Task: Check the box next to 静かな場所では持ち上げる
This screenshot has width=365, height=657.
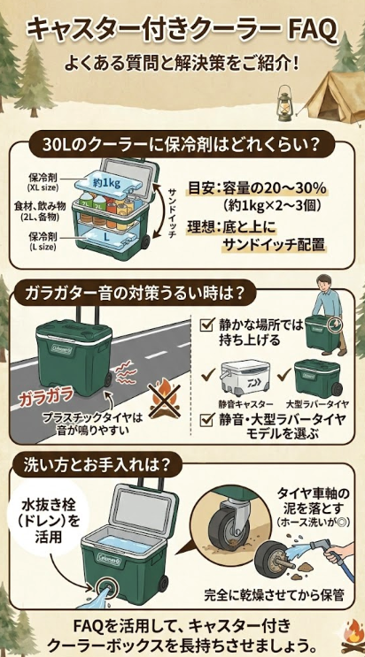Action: [x=207, y=324]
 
